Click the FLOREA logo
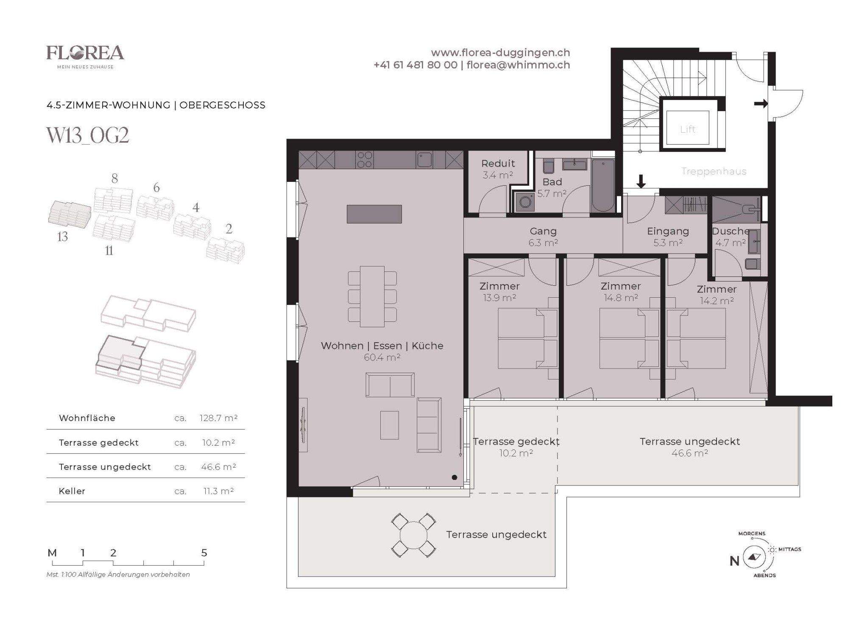(85, 57)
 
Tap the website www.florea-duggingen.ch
(500, 53)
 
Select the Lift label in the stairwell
(688, 129)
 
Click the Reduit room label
(498, 163)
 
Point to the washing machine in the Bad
(526, 202)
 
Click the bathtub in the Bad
(603, 185)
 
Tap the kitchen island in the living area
(374, 214)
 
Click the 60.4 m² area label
(382, 357)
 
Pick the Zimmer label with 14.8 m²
(621, 286)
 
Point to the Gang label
(543, 232)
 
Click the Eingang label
(668, 232)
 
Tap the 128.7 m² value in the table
(218, 418)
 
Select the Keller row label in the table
(72, 491)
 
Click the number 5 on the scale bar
(204, 553)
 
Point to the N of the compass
(734, 561)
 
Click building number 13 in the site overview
(62, 237)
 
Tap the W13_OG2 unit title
(88, 135)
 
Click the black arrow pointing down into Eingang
(641, 181)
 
